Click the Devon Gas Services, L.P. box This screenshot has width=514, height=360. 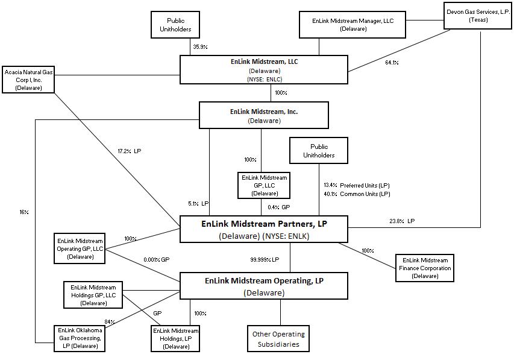477,16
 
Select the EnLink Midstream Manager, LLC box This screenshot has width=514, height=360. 353,24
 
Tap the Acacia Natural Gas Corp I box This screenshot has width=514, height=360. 28,79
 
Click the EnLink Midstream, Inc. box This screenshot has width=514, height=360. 264,115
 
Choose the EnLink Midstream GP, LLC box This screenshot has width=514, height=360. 265,185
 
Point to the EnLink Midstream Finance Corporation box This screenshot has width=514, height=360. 425,268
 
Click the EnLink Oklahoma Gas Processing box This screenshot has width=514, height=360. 80,338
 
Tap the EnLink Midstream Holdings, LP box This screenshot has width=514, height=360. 175,338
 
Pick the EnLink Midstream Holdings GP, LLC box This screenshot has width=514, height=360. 93,295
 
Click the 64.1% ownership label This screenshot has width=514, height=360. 392,62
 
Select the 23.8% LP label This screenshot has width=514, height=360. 402,221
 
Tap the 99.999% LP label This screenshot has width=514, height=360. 265,259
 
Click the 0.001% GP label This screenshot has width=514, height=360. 157,259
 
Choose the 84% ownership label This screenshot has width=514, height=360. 109,322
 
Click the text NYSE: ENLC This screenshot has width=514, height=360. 264,79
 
